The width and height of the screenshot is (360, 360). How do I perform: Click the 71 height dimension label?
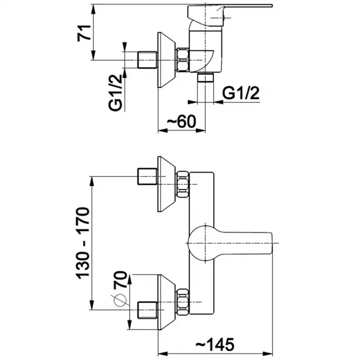84,33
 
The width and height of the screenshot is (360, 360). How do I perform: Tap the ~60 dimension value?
181,121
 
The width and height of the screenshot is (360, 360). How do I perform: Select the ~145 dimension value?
215,344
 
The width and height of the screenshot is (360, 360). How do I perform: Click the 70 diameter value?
120,280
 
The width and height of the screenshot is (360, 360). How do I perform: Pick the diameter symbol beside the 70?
120,300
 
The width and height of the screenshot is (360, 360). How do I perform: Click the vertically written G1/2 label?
115,93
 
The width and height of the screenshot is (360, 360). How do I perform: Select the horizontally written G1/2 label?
241,93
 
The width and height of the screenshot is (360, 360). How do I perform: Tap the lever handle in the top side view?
230,14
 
